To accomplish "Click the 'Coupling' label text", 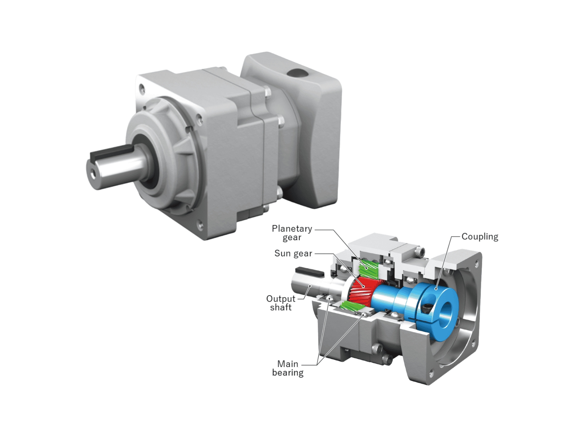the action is (480, 236).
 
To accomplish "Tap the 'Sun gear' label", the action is (293, 253).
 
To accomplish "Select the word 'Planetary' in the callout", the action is (292, 228).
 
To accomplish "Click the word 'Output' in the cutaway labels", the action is (281, 299).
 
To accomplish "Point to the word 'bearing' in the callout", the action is (288, 373).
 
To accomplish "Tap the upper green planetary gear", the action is (368, 269).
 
